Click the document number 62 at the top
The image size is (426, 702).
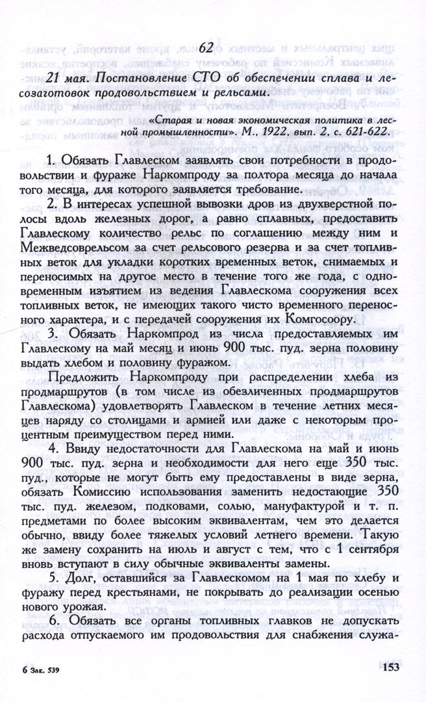207,47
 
